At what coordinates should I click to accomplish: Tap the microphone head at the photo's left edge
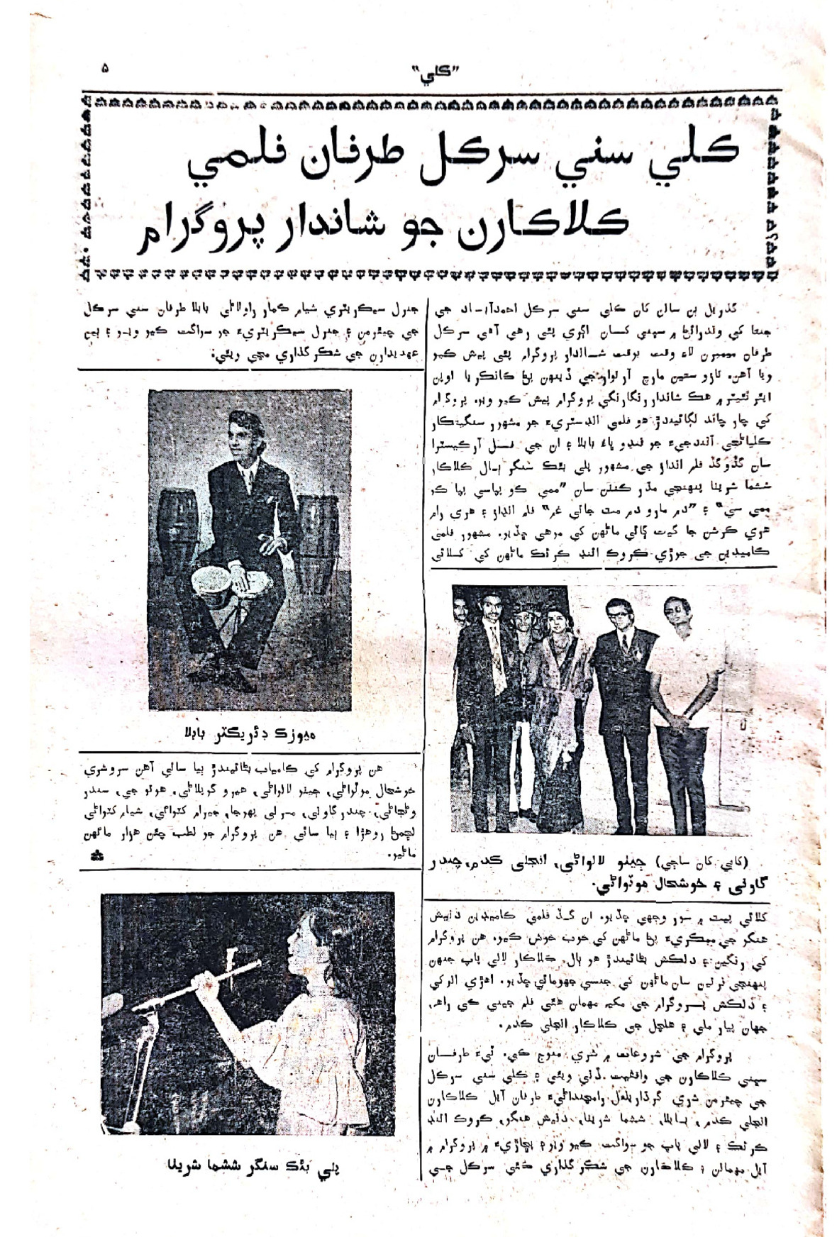(x=113, y=1007)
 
